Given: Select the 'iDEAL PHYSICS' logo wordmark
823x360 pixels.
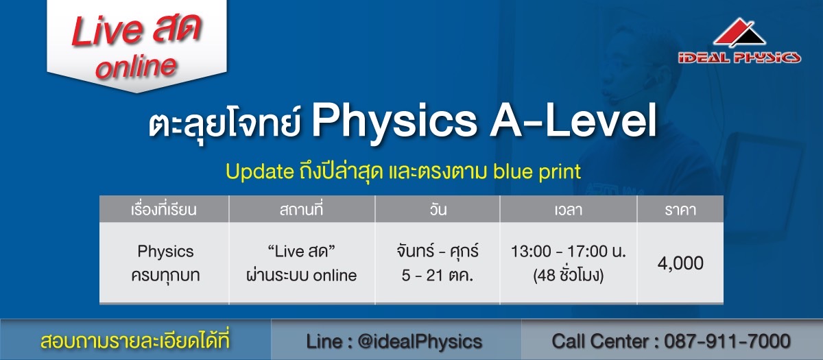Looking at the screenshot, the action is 739,58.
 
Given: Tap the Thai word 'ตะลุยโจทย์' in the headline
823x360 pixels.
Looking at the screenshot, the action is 225,123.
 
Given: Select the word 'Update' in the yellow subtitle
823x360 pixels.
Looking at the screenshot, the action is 260,172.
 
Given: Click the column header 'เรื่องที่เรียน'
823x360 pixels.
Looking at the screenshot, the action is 164,209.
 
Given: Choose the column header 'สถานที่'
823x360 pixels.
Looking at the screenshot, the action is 301,209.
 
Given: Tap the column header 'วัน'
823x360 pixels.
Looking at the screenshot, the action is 438,209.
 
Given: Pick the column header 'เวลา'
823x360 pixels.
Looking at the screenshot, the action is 569,210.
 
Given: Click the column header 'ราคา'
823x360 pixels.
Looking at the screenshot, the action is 680,210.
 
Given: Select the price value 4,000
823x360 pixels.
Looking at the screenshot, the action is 680,263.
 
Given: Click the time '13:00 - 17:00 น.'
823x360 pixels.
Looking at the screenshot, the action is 569,251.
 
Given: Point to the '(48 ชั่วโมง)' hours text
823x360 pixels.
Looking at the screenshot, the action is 569,275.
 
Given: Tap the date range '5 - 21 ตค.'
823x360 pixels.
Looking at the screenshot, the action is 438,275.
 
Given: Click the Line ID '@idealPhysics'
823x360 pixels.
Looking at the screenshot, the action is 420,341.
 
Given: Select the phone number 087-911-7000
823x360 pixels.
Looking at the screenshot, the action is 727,341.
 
